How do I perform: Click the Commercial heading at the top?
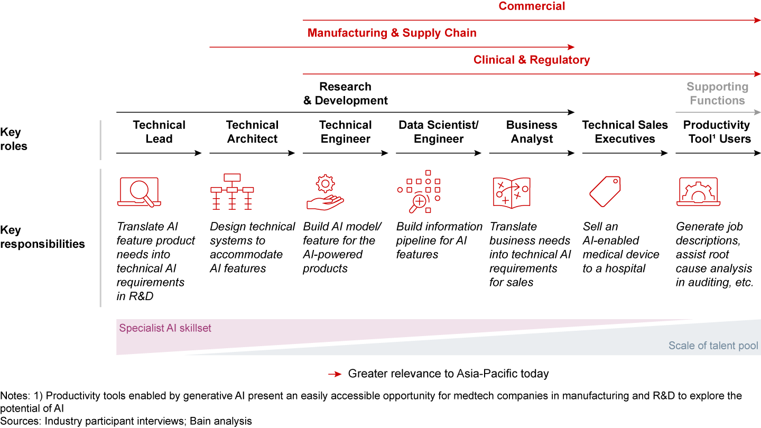[x=532, y=6]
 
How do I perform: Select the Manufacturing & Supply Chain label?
[x=392, y=33]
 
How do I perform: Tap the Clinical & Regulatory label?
[x=531, y=60]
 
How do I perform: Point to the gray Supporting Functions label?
[x=717, y=94]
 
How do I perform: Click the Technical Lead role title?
[x=159, y=132]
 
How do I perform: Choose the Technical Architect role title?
[x=252, y=132]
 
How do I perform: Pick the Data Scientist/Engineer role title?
[x=438, y=132]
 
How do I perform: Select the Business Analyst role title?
[x=532, y=132]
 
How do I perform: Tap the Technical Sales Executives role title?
[x=625, y=132]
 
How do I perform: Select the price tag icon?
[x=605, y=191]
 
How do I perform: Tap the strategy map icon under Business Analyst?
[x=511, y=192]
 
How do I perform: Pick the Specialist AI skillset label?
[x=165, y=328]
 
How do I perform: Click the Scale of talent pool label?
[x=713, y=346]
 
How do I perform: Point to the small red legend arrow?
[x=335, y=374]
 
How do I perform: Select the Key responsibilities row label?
[x=42, y=237]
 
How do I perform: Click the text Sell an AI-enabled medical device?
[x=620, y=247]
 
